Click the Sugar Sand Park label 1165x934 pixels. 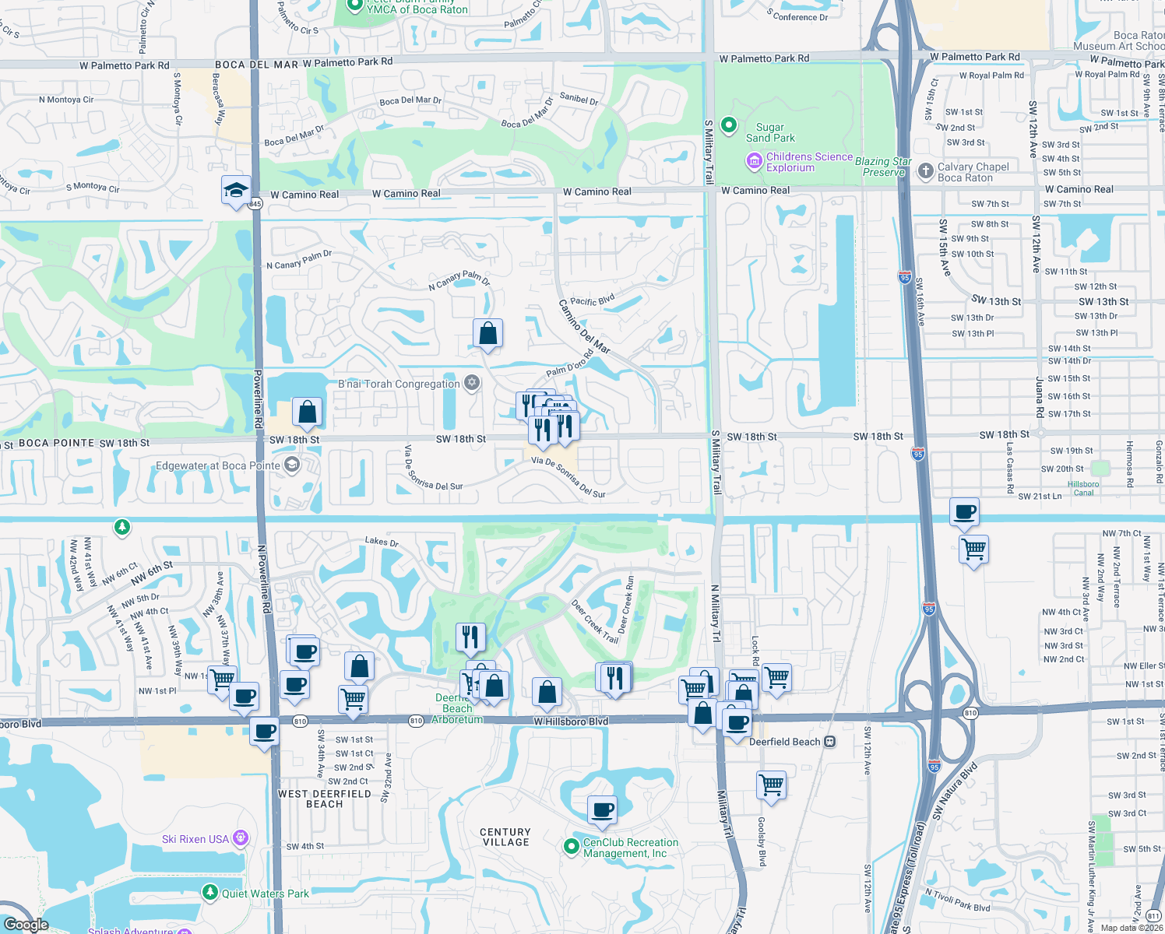tap(770, 132)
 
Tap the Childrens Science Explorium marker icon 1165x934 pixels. tap(754, 162)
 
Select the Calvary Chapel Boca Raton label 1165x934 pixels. tap(973, 172)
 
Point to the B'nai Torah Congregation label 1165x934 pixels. tap(399, 384)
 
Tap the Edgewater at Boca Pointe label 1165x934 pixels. tap(218, 466)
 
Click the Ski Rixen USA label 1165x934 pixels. tap(195, 839)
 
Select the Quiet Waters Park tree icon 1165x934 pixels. tap(209, 892)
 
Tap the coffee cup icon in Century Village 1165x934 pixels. tap(602, 810)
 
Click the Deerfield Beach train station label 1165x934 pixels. tap(785, 742)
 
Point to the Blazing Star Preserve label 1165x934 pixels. tap(883, 167)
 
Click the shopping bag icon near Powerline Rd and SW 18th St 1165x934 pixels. tap(308, 412)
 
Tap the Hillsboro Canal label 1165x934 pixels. tap(1083, 488)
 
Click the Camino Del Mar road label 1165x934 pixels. tap(585, 326)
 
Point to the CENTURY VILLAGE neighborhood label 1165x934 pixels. tap(505, 837)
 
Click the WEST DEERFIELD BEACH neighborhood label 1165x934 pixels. tap(324, 799)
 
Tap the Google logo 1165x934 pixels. tap(26, 925)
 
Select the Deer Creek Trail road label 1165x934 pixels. tap(595, 621)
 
